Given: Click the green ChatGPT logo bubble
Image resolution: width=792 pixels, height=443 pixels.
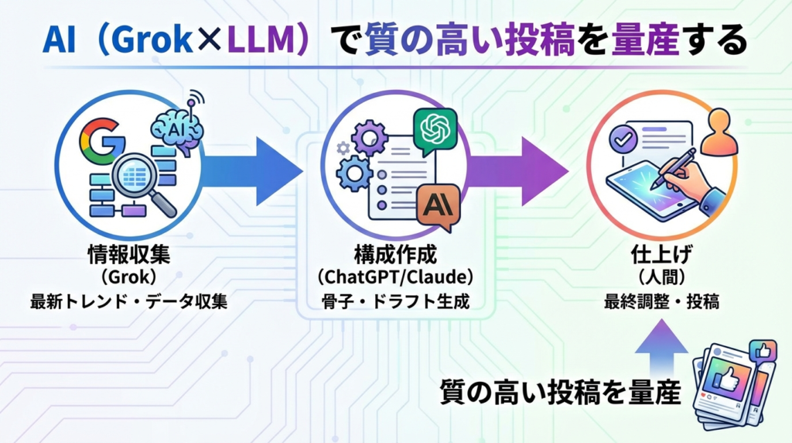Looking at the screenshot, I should coord(435,129).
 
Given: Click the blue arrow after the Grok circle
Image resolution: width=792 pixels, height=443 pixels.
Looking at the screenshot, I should coord(255,171).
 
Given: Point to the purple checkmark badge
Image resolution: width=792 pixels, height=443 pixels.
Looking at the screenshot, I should coord(622,141).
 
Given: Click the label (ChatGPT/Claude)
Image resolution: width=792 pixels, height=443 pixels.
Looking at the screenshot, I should coord(396,277).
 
